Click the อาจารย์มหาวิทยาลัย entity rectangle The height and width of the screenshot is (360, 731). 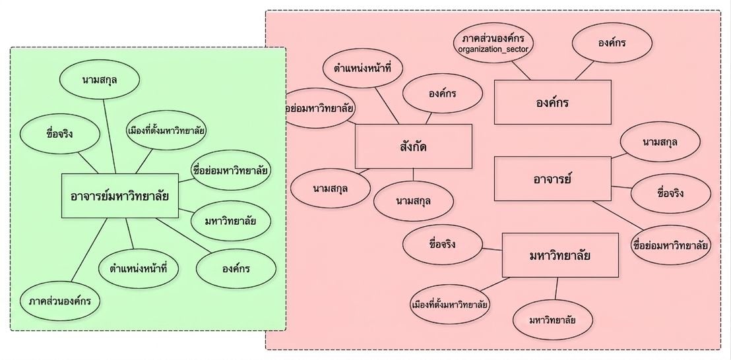pyautogui.click(x=120, y=196)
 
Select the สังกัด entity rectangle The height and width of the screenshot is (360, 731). pyautogui.click(x=414, y=146)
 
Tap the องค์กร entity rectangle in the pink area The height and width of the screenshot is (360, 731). pyautogui.click(x=552, y=102)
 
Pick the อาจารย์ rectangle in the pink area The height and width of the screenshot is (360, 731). pyautogui.click(x=552, y=179)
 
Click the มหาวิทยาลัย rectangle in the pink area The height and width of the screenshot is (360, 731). pyautogui.click(x=560, y=255)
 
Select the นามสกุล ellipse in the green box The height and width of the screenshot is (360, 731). pyautogui.click(x=100, y=79)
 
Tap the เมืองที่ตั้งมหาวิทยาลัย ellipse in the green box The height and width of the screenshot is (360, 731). pyautogui.click(x=166, y=130)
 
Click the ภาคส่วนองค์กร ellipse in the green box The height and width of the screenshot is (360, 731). pyautogui.click(x=60, y=301)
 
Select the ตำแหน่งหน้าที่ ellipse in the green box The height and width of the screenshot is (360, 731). pyautogui.click(x=139, y=269)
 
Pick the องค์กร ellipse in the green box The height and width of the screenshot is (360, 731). pyautogui.click(x=236, y=269)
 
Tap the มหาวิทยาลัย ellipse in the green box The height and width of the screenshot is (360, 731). pyautogui.click(x=231, y=222)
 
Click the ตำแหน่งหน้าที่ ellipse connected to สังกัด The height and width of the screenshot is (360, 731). pyautogui.click(x=362, y=68)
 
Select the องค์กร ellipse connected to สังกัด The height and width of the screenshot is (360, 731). pyautogui.click(x=443, y=94)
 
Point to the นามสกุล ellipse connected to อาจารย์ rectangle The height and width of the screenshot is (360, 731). pyautogui.click(x=660, y=142)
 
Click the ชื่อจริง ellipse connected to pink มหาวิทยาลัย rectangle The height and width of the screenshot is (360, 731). pyautogui.click(x=443, y=245)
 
